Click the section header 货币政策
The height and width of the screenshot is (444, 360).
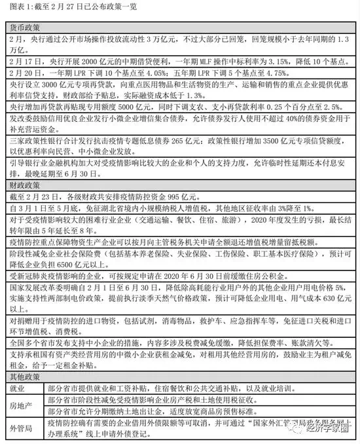[x=26, y=29]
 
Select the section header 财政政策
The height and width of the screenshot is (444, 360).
[x=26, y=196]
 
